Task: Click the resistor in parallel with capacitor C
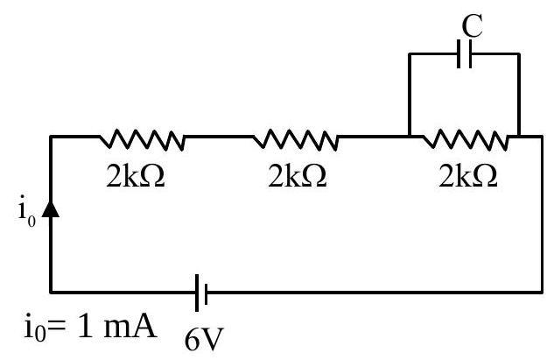tap(466, 139)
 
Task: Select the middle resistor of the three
tap(296, 139)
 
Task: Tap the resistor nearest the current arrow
tap(142, 139)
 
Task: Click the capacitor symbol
tap(465, 53)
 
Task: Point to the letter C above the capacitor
tap(473, 25)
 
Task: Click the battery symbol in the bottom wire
tap(201, 293)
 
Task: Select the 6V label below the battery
tap(204, 340)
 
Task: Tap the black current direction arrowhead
tap(51, 209)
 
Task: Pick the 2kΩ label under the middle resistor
tap(298, 176)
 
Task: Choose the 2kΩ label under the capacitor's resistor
tap(468, 176)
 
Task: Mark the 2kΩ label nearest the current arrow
tap(136, 176)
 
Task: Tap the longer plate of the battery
tap(197, 293)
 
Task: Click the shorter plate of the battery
tap(207, 293)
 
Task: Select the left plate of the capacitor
tap(459, 53)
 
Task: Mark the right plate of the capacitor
tap(470, 53)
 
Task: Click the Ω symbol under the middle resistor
tap(315, 176)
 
